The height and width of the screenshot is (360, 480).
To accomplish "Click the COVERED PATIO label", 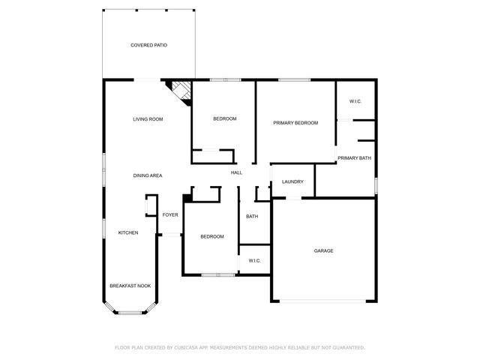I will tap(148, 45).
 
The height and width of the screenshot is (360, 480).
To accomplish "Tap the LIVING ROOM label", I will tap(148, 119).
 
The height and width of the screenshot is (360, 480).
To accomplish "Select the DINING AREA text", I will tap(148, 175).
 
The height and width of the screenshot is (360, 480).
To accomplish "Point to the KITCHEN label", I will tap(127, 232).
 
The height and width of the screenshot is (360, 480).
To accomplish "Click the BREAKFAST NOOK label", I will tap(130, 286).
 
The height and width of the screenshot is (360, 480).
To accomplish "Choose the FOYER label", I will tap(170, 215).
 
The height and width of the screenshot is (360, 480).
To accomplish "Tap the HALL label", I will tap(236, 173).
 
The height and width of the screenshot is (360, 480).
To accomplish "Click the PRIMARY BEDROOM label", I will tap(295, 123).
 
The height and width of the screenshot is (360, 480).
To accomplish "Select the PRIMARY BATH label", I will tap(354, 157).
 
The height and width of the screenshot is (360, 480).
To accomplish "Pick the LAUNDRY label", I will tap(292, 181).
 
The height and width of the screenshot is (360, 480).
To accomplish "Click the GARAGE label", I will tap(323, 250).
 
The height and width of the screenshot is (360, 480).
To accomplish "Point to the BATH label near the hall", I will tap(252, 217).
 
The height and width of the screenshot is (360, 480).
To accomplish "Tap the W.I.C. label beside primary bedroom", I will tap(355, 101).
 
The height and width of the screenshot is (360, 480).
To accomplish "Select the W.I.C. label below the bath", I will tap(254, 260).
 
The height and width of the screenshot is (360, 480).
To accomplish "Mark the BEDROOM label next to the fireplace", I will tap(224, 119).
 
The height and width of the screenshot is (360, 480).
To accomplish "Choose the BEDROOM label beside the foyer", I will tap(211, 237).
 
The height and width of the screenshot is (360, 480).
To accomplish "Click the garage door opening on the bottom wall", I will tap(323, 301).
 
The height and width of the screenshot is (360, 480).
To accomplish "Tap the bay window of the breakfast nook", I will tap(130, 310).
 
